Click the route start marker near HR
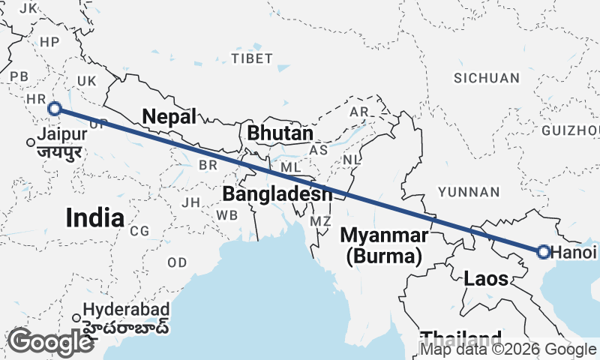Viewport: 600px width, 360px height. [55, 109]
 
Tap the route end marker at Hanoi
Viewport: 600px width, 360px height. [544, 252]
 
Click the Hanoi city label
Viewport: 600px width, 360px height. [575, 253]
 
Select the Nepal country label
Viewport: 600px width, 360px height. [169, 116]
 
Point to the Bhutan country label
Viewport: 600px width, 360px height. [280, 133]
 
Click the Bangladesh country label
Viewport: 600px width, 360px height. [277, 194]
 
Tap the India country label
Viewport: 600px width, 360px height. [94, 217]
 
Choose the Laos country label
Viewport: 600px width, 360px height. [486, 279]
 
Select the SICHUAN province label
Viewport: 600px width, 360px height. [487, 78]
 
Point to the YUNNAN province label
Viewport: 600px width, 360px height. [468, 192]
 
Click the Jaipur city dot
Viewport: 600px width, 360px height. [31, 142]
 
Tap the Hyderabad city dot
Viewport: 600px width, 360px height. [76, 317]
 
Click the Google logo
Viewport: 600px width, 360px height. [50, 342]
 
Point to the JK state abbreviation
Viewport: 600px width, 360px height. [28, 8]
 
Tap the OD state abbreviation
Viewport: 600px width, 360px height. [177, 262]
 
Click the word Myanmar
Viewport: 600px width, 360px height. [384, 235]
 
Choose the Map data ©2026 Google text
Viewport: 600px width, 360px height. [508, 349]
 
